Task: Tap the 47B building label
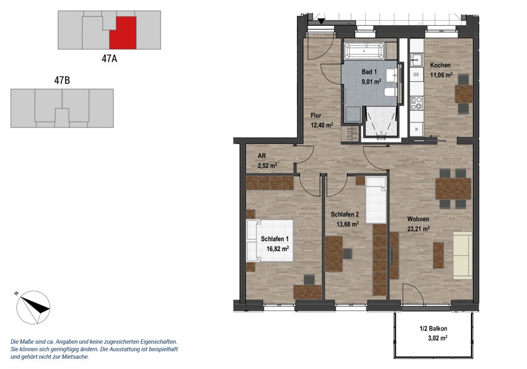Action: pyautogui.click(x=62, y=81)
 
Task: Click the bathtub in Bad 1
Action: pyautogui.click(x=364, y=51)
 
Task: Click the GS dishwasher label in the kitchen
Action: pyautogui.click(x=416, y=74)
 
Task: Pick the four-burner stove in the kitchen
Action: pyautogui.click(x=416, y=102)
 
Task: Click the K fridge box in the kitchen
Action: pyautogui.click(x=417, y=129)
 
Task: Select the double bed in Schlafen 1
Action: pyautogui.click(x=270, y=240)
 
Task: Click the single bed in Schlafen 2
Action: pyautogui.click(x=376, y=200)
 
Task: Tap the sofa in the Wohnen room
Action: pyautogui.click(x=463, y=255)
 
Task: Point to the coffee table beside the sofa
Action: pyautogui.click(x=438, y=255)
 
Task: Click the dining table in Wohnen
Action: pyautogui.click(x=453, y=188)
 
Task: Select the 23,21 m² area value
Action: pyautogui.click(x=418, y=230)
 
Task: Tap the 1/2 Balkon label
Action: pyautogui.click(x=433, y=329)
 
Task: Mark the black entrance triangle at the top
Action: pyautogui.click(x=322, y=22)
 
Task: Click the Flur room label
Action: pyautogui.click(x=316, y=116)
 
